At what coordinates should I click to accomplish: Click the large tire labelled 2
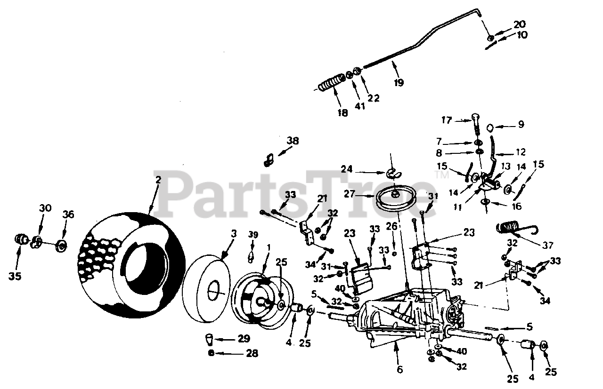(134, 263)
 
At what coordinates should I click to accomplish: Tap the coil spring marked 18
(330, 85)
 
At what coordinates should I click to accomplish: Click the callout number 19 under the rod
(399, 83)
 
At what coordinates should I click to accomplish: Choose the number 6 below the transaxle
(400, 369)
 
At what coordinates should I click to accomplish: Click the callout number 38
(293, 140)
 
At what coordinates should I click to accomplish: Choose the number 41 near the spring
(360, 106)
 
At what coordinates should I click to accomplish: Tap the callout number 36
(69, 215)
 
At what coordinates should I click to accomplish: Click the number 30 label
(45, 208)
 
